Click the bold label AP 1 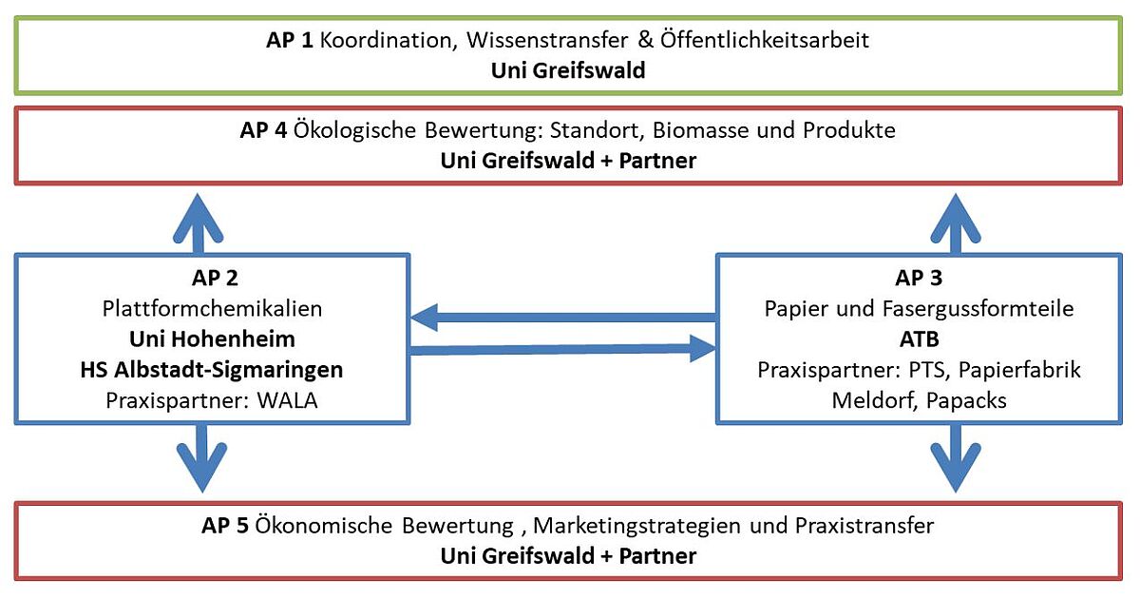(289, 40)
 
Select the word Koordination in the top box (386, 41)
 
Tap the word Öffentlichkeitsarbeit (765, 40)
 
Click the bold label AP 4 (263, 130)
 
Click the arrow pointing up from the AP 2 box (199, 223)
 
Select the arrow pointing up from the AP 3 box (956, 223)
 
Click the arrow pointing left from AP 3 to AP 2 (564, 318)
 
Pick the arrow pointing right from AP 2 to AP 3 (562, 349)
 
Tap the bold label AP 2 (215, 278)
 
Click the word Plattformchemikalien (212, 309)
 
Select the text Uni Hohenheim (212, 339)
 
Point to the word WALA (287, 401)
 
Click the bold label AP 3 (919, 278)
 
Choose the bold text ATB (920, 339)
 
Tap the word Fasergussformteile (978, 309)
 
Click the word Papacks (966, 401)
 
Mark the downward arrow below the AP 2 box (202, 458)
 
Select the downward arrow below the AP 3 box (956, 458)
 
